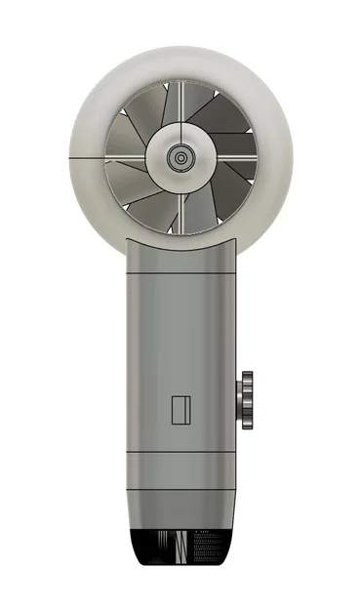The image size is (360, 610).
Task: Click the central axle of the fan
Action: (180, 157)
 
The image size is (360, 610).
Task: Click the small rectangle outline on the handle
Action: (180, 410)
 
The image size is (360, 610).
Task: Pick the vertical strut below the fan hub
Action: (180, 209)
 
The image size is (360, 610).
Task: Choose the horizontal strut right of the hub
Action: (234, 157)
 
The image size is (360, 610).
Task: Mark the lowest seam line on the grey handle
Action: (181, 487)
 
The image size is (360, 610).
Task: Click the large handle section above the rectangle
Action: (181, 342)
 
